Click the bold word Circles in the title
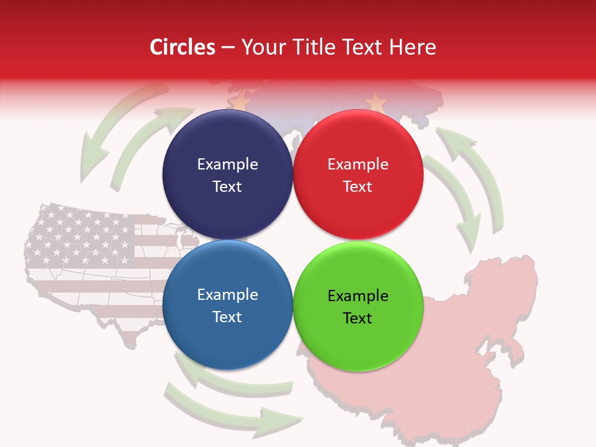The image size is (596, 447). pos(182,47)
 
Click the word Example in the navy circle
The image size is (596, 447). pos(227,165)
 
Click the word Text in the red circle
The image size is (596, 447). pos(358,187)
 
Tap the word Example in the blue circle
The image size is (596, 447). pos(227,295)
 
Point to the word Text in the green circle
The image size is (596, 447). pos(358,318)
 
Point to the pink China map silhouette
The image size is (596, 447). pos(472,348)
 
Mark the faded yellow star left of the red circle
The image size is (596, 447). pos(241,99)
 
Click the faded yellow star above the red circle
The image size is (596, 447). pos(376,101)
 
